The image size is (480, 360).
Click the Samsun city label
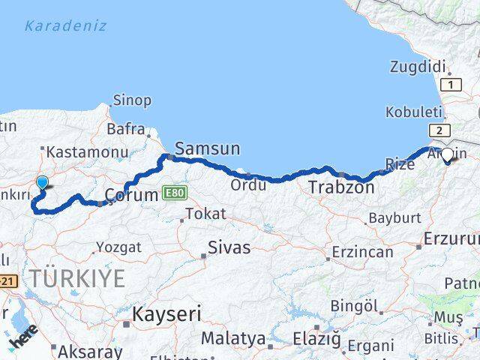207,149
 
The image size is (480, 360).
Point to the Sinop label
132,100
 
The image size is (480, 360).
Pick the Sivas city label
229,247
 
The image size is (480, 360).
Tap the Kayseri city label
166,314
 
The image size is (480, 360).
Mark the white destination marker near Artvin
448,155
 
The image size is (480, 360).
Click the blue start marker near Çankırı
42,182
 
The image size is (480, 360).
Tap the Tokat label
205,214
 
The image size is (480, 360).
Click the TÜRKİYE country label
76,278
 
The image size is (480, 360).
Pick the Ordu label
247,184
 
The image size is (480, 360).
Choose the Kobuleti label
409,112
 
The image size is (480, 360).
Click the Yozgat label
118,247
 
